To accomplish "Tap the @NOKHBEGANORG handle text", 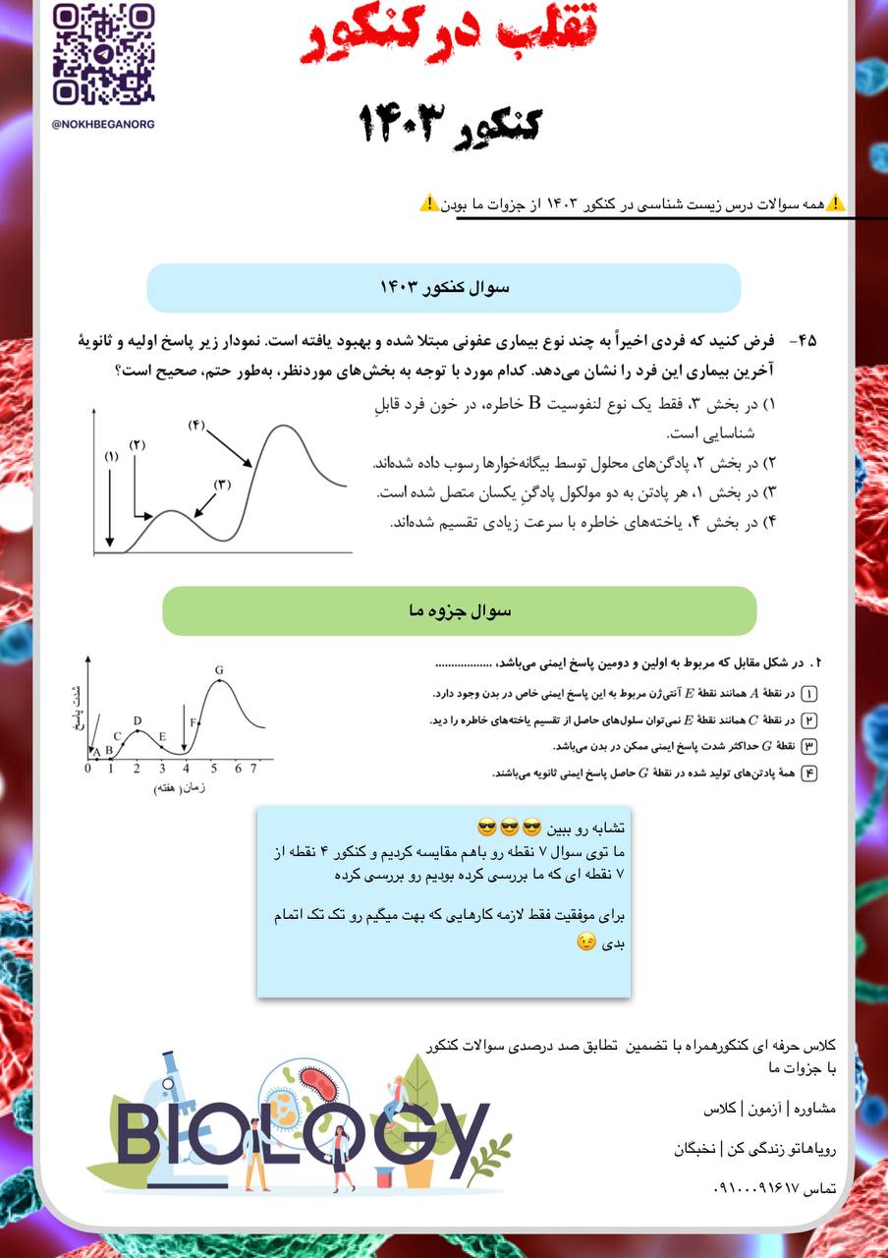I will point(103,125).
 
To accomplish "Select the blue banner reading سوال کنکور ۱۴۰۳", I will point(444,288).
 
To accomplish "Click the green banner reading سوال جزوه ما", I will point(459,611).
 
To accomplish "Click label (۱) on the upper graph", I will point(110,456).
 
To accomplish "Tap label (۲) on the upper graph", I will point(137,445).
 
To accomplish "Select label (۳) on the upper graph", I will point(222,484).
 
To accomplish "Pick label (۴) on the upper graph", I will point(195,425).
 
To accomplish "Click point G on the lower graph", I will point(219,670).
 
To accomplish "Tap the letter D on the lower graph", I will point(137,721).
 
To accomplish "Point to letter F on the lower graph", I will point(194,723).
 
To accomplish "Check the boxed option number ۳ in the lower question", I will point(809,746).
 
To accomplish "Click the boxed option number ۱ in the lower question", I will point(809,693).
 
